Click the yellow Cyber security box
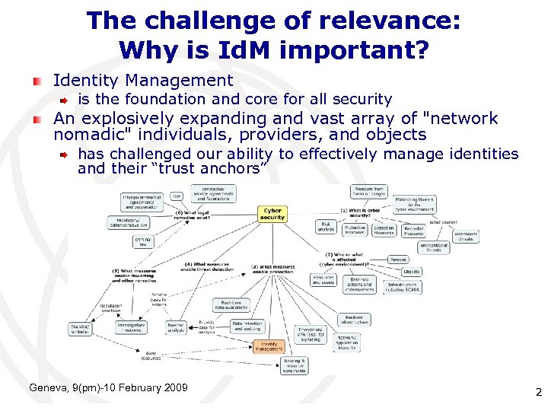[272, 214]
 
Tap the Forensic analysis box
[176, 327]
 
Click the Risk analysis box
[326, 226]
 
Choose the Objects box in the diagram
[411, 272]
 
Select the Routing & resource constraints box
[294, 365]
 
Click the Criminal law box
[142, 242]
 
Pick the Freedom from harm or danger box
[370, 191]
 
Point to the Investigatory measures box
[131, 327]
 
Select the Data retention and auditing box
[248, 326]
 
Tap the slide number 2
[537, 393]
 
